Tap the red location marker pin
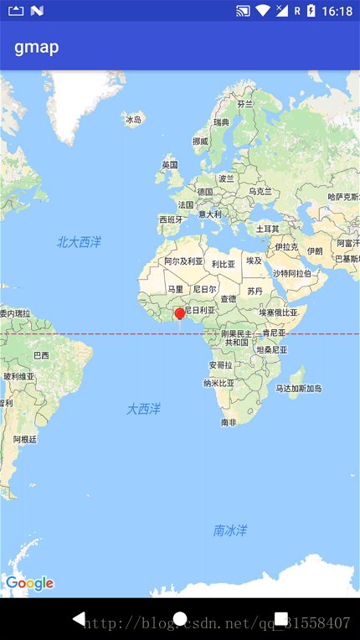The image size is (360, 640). click(179, 314)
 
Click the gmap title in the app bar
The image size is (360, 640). click(37, 47)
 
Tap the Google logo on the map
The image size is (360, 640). click(29, 583)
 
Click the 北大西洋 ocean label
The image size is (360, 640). click(79, 242)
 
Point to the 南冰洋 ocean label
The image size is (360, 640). click(230, 530)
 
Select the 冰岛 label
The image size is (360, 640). click(133, 120)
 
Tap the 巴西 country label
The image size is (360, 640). click(41, 355)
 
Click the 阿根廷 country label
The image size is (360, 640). click(25, 439)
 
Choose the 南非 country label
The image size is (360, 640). click(229, 422)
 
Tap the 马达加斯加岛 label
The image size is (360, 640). click(299, 389)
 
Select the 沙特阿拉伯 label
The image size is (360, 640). click(291, 273)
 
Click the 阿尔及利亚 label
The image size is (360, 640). click(183, 261)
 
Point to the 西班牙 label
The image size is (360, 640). click(171, 219)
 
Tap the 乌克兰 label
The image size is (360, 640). click(260, 191)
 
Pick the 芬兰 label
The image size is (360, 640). click(244, 105)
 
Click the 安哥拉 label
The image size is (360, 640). click(220, 365)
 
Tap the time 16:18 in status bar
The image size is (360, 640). click(337, 11)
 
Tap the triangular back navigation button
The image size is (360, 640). click(79, 619)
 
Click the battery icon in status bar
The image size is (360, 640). click(311, 11)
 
